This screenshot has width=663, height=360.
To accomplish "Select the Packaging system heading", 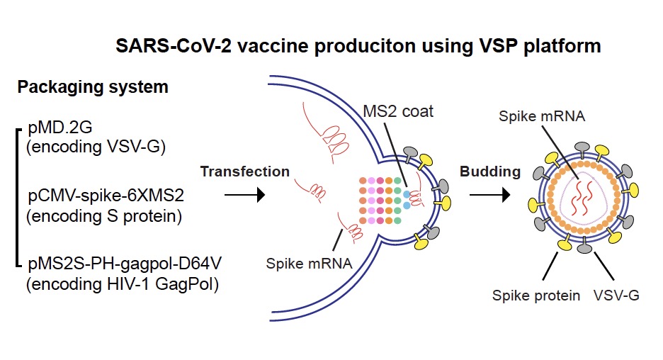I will [x=92, y=87].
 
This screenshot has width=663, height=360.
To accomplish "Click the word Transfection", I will [x=244, y=171].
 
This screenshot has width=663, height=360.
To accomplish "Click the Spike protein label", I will [x=536, y=295].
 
